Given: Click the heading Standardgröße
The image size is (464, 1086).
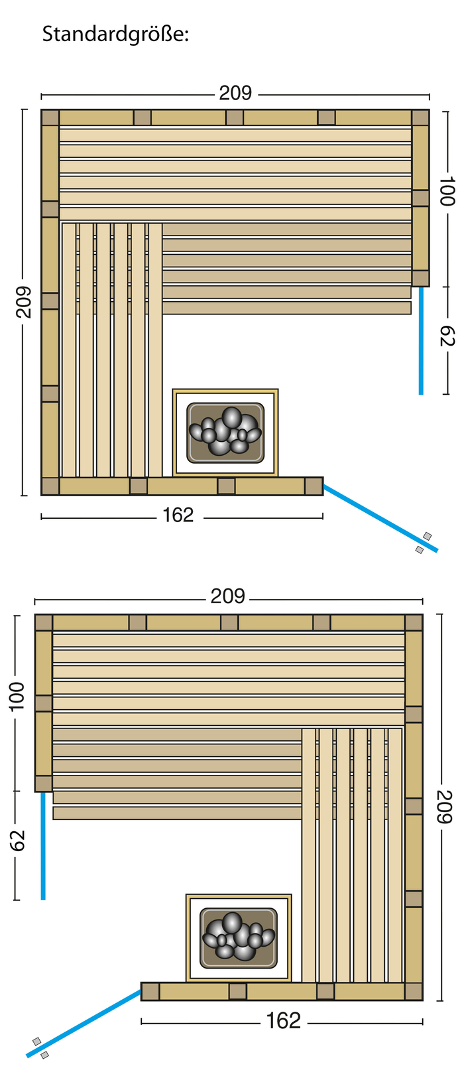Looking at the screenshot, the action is tap(115, 34).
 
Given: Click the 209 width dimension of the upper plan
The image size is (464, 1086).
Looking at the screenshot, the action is tap(235, 93).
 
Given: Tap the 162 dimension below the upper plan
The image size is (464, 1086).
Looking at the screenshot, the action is tap(178, 515).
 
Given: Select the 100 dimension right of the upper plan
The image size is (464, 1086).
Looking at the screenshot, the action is tap(447, 191).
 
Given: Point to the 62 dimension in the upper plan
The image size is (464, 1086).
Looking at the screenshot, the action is tap(447, 336).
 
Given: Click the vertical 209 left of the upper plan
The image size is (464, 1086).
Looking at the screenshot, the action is tap(23, 302).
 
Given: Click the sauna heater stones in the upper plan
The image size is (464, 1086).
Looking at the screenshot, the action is tap(225, 431).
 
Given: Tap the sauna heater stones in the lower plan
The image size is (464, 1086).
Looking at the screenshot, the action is tap(239, 936).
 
